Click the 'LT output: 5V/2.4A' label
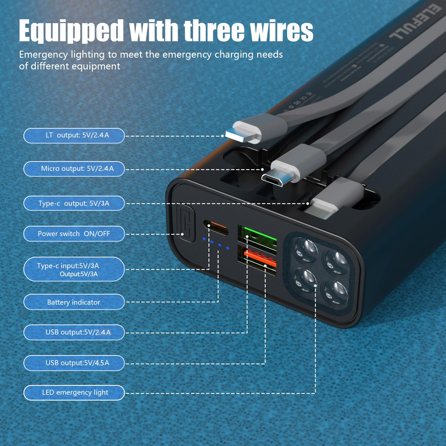(x=74, y=135)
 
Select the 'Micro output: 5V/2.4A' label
(x=74, y=169)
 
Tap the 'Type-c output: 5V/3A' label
(x=74, y=203)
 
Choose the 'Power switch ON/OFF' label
(x=74, y=234)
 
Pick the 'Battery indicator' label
(x=74, y=302)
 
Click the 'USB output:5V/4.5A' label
(x=74, y=363)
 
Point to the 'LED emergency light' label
(x=74, y=392)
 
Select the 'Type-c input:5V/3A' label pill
(x=74, y=269)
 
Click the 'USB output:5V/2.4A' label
(x=74, y=332)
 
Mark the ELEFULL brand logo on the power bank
(x=415, y=22)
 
